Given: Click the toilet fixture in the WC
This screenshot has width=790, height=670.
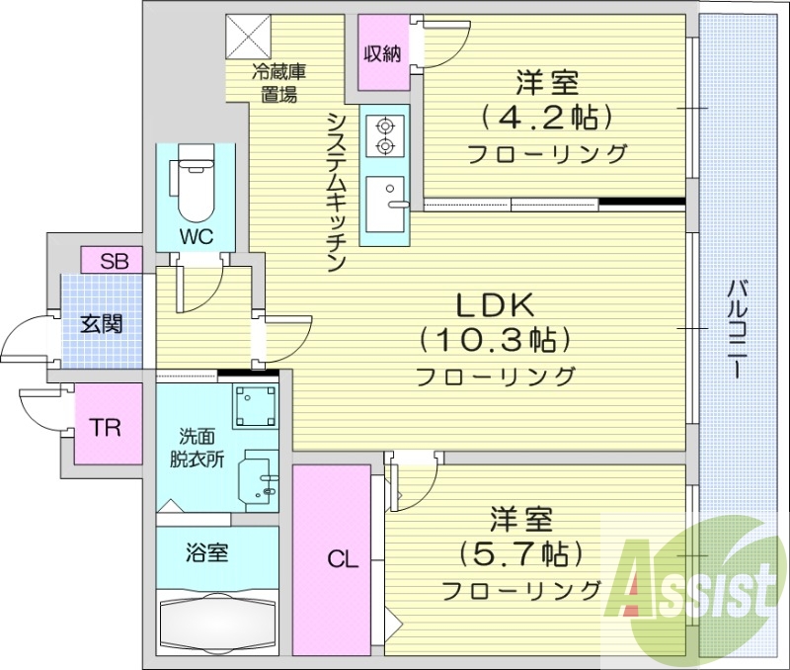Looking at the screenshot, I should [x=195, y=185].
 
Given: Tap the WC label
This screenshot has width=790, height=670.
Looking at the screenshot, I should [x=195, y=237].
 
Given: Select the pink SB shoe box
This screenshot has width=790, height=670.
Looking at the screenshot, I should [x=114, y=261].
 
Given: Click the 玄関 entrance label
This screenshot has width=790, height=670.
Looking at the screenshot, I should [x=101, y=323].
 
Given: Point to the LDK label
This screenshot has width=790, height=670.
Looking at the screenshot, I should [x=495, y=305].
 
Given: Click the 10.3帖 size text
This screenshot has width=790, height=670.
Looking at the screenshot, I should [x=495, y=341].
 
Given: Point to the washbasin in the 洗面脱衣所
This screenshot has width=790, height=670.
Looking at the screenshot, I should [x=262, y=479].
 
